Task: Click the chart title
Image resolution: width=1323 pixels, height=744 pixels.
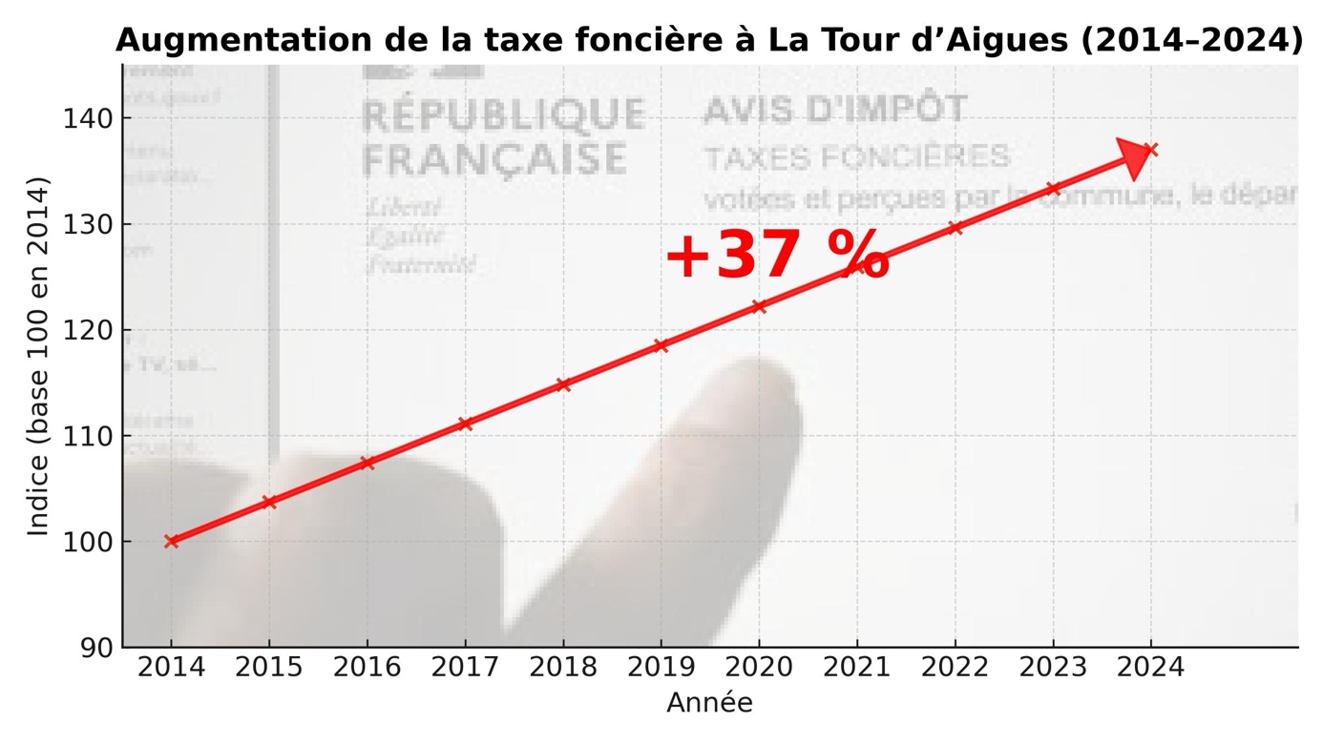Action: pyautogui.click(x=708, y=41)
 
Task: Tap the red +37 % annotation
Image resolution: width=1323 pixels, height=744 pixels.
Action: pyautogui.click(x=776, y=257)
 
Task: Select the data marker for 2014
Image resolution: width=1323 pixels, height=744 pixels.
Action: pyautogui.click(x=172, y=541)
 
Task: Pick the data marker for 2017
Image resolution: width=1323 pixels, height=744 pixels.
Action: pyautogui.click(x=465, y=424)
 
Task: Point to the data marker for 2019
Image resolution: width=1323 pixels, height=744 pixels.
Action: pyautogui.click(x=661, y=345)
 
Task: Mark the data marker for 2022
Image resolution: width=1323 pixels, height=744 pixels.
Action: pyautogui.click(x=955, y=228)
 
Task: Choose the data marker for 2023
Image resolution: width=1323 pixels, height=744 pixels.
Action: pyautogui.click(x=1053, y=189)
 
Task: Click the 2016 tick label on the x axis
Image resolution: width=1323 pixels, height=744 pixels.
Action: pyautogui.click(x=367, y=668)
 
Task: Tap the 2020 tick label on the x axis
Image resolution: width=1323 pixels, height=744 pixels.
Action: pyautogui.click(x=759, y=668)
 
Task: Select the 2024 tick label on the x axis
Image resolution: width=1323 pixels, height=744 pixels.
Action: pyautogui.click(x=1150, y=668)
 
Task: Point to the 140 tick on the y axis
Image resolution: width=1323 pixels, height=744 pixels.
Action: pyautogui.click(x=88, y=119)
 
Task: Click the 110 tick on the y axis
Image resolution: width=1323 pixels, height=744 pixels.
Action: pyautogui.click(x=88, y=436)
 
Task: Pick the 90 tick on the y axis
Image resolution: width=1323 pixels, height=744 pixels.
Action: pyautogui.click(x=95, y=648)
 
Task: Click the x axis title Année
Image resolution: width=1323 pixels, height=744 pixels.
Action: pyautogui.click(x=709, y=704)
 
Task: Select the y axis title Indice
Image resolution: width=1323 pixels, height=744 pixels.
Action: pyautogui.click(x=38, y=356)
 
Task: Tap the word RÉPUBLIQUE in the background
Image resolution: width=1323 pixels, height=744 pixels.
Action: pyautogui.click(x=504, y=114)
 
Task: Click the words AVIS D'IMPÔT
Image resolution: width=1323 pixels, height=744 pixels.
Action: pyautogui.click(x=834, y=110)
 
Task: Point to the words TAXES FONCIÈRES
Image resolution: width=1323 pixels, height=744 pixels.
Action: pyautogui.click(x=856, y=156)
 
